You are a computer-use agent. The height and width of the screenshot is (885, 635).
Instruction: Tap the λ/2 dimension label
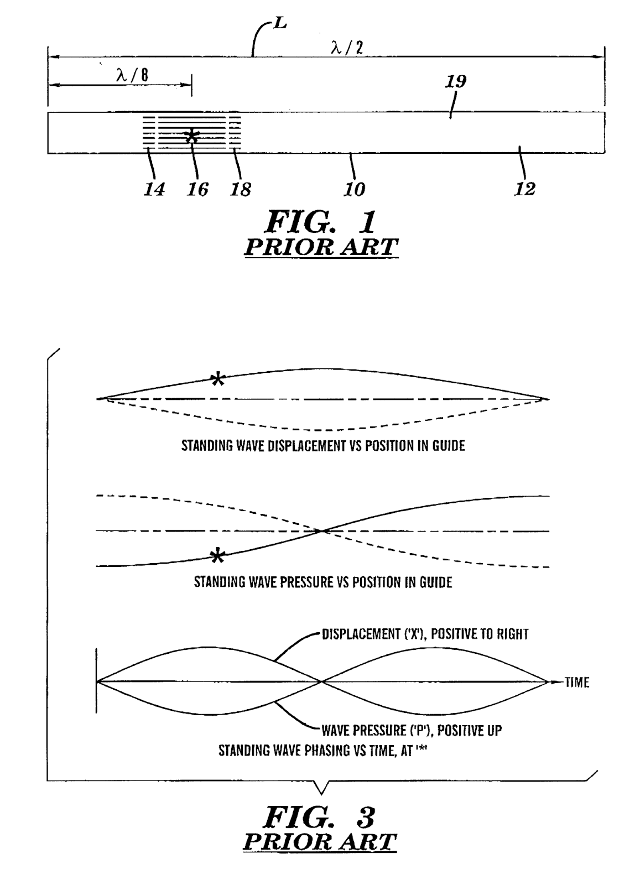(x=347, y=48)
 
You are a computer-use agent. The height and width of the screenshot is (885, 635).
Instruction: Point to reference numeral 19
(x=456, y=82)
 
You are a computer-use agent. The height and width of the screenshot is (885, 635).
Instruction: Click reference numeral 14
(x=154, y=189)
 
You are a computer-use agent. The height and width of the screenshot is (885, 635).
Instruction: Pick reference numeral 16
(x=197, y=189)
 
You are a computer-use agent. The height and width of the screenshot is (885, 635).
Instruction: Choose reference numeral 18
(x=241, y=189)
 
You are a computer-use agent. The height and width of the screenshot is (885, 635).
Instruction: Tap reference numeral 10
(x=355, y=189)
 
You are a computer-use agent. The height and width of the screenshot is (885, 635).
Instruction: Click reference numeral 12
(x=525, y=189)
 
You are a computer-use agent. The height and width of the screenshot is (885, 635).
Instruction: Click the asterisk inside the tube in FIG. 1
(x=191, y=136)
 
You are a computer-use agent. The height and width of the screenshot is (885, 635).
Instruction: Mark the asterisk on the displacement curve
(x=218, y=379)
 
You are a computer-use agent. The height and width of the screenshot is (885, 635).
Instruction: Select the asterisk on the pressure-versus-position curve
(x=218, y=556)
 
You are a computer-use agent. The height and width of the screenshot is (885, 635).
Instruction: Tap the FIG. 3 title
(x=321, y=816)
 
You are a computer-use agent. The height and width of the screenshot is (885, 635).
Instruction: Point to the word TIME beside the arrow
(x=577, y=682)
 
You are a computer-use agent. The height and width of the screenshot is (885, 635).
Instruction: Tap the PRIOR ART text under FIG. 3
(x=320, y=841)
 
